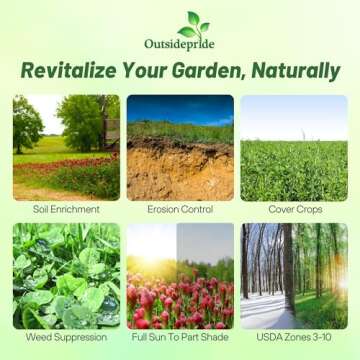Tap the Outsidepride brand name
pos(180,44)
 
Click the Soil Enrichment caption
pos(66,210)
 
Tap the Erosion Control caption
pos(180,210)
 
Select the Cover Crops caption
pos(294,210)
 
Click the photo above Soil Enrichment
pos(66,147)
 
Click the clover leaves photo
pos(66,276)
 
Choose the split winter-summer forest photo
pos(294,276)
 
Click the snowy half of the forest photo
pos(266,280)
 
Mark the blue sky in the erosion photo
pos(180,107)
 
